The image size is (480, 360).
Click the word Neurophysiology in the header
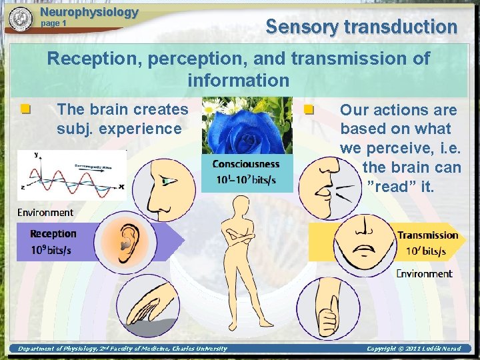click(x=89, y=11)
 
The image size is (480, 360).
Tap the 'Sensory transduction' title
click(x=361, y=27)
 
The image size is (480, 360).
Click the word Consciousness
click(x=246, y=164)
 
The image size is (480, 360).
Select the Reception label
click(x=53, y=234)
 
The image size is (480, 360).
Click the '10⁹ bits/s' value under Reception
click(x=51, y=251)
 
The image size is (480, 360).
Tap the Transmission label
click(x=427, y=235)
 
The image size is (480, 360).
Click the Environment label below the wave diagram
click(x=45, y=213)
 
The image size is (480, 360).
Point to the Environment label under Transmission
click(x=424, y=273)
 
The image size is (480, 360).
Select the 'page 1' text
click(x=54, y=23)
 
